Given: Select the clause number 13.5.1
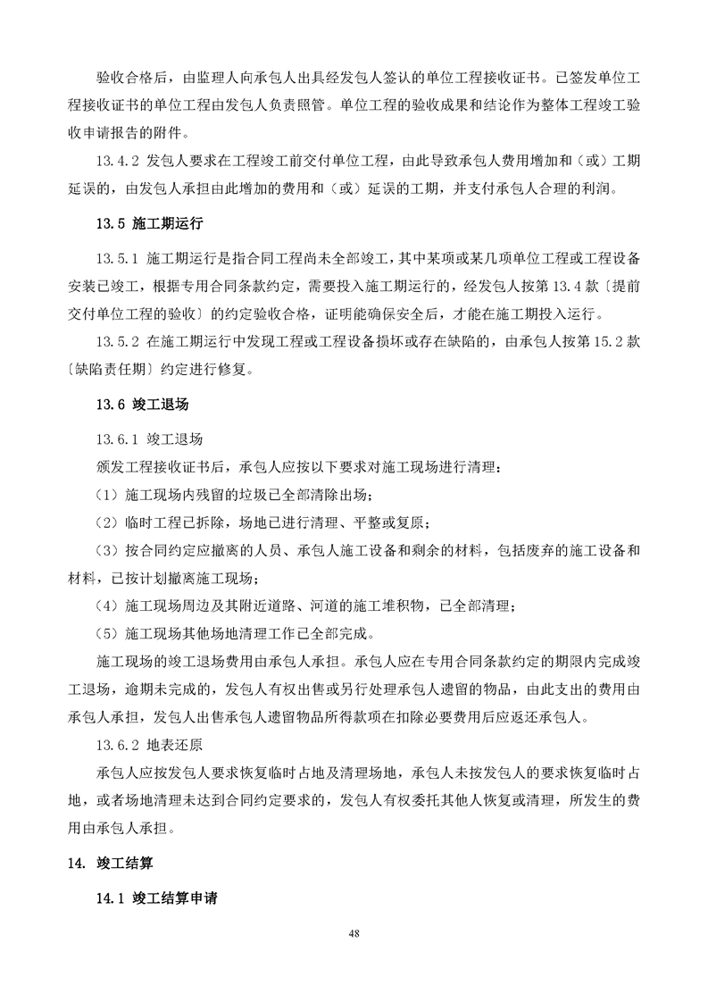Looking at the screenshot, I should coord(116,259).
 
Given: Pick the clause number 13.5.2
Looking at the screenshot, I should coord(116,342).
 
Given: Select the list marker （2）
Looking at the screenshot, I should coord(107,523).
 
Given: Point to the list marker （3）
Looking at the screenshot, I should coord(107,551).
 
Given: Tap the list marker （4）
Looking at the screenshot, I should coord(107,607).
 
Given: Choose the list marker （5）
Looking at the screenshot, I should coord(107,635).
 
